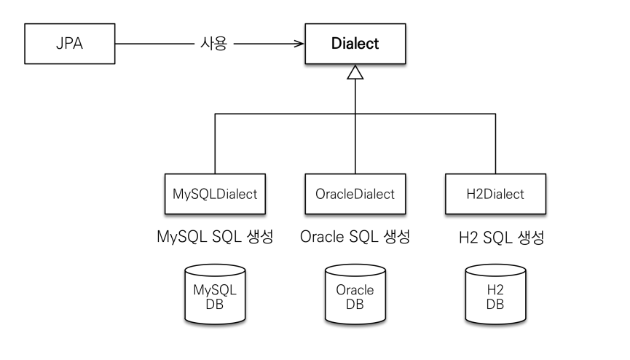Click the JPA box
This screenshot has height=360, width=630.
(x=69, y=44)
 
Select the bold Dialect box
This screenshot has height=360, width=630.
(x=355, y=44)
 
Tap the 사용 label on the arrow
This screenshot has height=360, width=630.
(x=213, y=44)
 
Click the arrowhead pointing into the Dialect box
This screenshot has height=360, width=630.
(x=299, y=44)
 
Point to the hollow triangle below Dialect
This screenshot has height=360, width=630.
(x=355, y=72)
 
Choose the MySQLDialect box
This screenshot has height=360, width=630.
(x=215, y=194)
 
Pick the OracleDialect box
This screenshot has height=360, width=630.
(x=355, y=194)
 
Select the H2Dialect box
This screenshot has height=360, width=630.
(x=495, y=194)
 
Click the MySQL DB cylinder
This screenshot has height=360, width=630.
(x=215, y=294)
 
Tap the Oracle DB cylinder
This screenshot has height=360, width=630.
(x=355, y=294)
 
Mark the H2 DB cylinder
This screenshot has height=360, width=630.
(x=495, y=294)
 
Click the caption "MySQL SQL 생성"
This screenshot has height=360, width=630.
(x=215, y=237)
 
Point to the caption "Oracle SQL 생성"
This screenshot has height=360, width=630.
(x=355, y=237)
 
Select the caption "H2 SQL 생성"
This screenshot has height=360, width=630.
(x=501, y=238)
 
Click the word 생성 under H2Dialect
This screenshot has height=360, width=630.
(x=531, y=238)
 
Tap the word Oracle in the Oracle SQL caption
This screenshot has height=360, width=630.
(x=322, y=237)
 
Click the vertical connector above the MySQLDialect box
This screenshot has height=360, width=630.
(x=215, y=144)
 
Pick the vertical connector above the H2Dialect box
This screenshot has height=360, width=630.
(x=495, y=144)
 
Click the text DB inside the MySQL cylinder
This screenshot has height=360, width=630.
(x=215, y=305)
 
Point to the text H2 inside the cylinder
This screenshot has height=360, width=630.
(x=495, y=289)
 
